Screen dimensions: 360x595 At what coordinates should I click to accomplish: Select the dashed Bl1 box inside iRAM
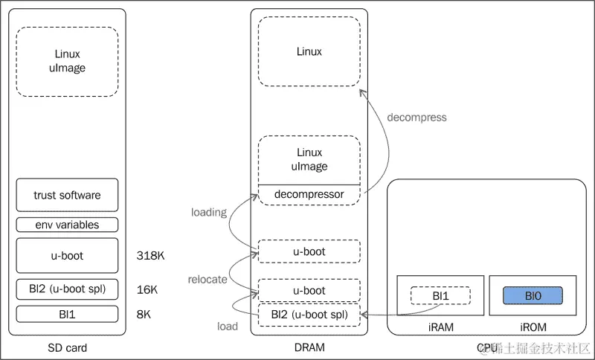tap(440, 296)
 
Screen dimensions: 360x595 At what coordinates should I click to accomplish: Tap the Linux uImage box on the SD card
tap(67, 62)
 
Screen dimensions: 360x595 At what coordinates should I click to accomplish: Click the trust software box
tap(67, 195)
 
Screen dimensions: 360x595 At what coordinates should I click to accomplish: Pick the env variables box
tap(67, 225)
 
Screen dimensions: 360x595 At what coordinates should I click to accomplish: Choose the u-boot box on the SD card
tap(67, 256)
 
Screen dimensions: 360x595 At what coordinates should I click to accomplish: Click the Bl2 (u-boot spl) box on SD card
tap(67, 289)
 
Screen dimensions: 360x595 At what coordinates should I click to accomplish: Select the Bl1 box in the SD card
tap(67, 314)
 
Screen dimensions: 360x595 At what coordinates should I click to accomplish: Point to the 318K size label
tap(151, 256)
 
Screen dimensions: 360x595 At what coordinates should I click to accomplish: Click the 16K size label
tap(147, 289)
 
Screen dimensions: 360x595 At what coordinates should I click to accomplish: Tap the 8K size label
tap(144, 314)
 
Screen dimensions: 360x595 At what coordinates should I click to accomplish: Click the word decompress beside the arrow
tap(417, 118)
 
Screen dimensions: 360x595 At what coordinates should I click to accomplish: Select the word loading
tap(208, 212)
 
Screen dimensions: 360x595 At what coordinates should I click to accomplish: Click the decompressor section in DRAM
tap(309, 195)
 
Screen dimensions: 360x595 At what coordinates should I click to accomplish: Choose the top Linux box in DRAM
tap(309, 52)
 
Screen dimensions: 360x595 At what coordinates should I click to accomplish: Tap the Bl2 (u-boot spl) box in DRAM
tap(309, 315)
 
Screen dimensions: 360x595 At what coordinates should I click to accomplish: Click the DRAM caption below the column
tap(309, 347)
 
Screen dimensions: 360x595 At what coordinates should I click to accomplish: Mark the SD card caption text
tap(67, 347)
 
